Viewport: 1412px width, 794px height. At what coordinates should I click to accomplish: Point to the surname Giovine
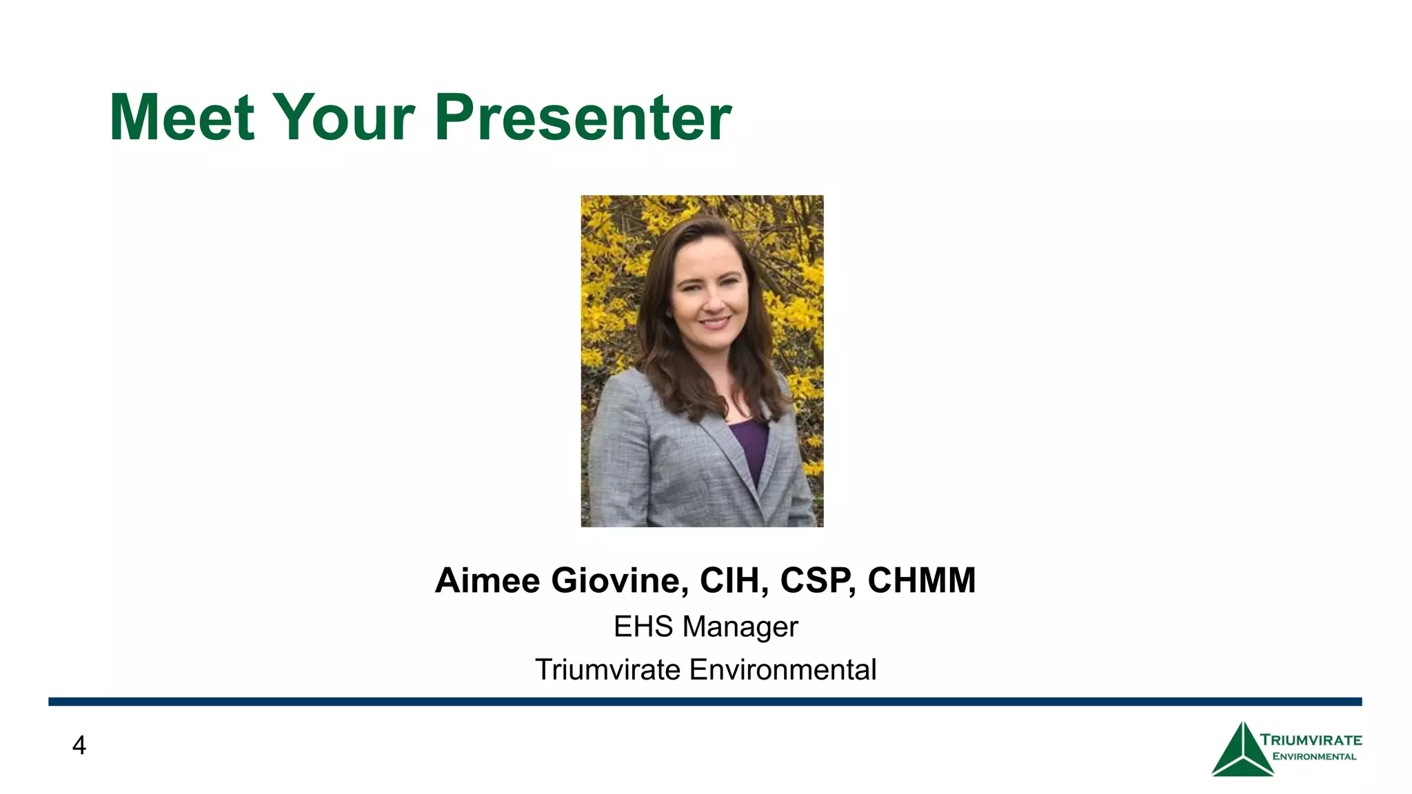[x=619, y=580]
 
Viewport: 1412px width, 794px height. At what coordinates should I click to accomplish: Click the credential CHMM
[x=921, y=580]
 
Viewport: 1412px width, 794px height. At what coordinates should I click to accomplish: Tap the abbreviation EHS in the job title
[x=643, y=627]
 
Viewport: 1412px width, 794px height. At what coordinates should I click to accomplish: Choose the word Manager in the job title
[x=740, y=627]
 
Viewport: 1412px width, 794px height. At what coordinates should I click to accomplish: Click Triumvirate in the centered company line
[x=607, y=670]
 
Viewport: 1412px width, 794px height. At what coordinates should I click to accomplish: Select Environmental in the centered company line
[x=783, y=670]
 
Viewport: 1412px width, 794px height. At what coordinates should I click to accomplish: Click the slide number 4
[x=79, y=746]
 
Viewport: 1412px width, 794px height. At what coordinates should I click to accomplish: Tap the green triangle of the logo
[x=1242, y=755]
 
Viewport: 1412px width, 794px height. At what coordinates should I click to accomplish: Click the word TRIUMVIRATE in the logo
[x=1311, y=740]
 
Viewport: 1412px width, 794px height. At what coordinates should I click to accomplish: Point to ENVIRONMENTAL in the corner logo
[x=1314, y=757]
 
